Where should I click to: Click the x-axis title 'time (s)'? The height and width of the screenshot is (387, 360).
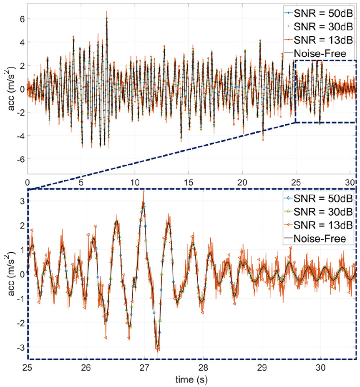coord(191,380)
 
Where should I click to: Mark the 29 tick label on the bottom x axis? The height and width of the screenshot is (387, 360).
coord(262,369)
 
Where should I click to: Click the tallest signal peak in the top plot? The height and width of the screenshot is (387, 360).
coord(107,13)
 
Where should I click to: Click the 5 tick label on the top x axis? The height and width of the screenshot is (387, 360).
coord(81,182)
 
